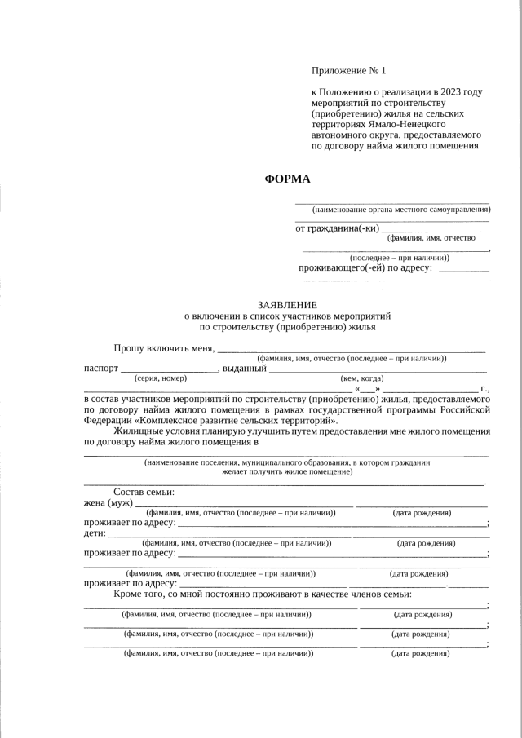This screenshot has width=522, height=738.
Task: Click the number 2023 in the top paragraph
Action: (450, 91)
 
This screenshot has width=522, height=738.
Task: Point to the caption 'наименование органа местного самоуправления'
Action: (395, 210)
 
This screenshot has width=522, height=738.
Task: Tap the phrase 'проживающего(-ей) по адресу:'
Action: (365, 268)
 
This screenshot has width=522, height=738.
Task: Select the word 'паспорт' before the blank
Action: (101, 369)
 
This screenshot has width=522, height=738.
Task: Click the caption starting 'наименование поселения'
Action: (286, 462)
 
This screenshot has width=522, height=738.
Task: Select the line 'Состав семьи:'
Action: (144, 492)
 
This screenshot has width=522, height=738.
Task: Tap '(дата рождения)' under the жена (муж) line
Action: (422, 513)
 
